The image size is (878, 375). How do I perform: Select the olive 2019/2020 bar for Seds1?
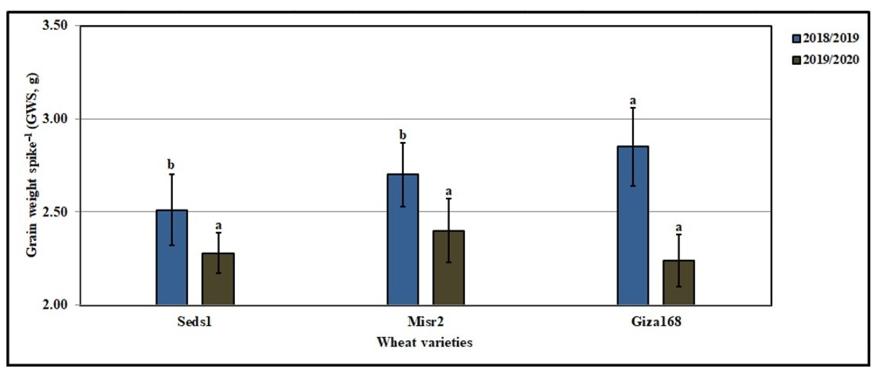218,283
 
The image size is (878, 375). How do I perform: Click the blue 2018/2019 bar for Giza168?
633,239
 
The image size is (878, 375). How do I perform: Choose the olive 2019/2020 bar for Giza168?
679,286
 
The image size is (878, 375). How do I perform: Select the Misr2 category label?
425,322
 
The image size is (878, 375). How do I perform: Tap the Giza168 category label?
656,322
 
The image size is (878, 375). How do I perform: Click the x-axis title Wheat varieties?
425,342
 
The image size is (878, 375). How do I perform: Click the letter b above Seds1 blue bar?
171,165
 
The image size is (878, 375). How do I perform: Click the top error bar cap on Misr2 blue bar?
402,143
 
